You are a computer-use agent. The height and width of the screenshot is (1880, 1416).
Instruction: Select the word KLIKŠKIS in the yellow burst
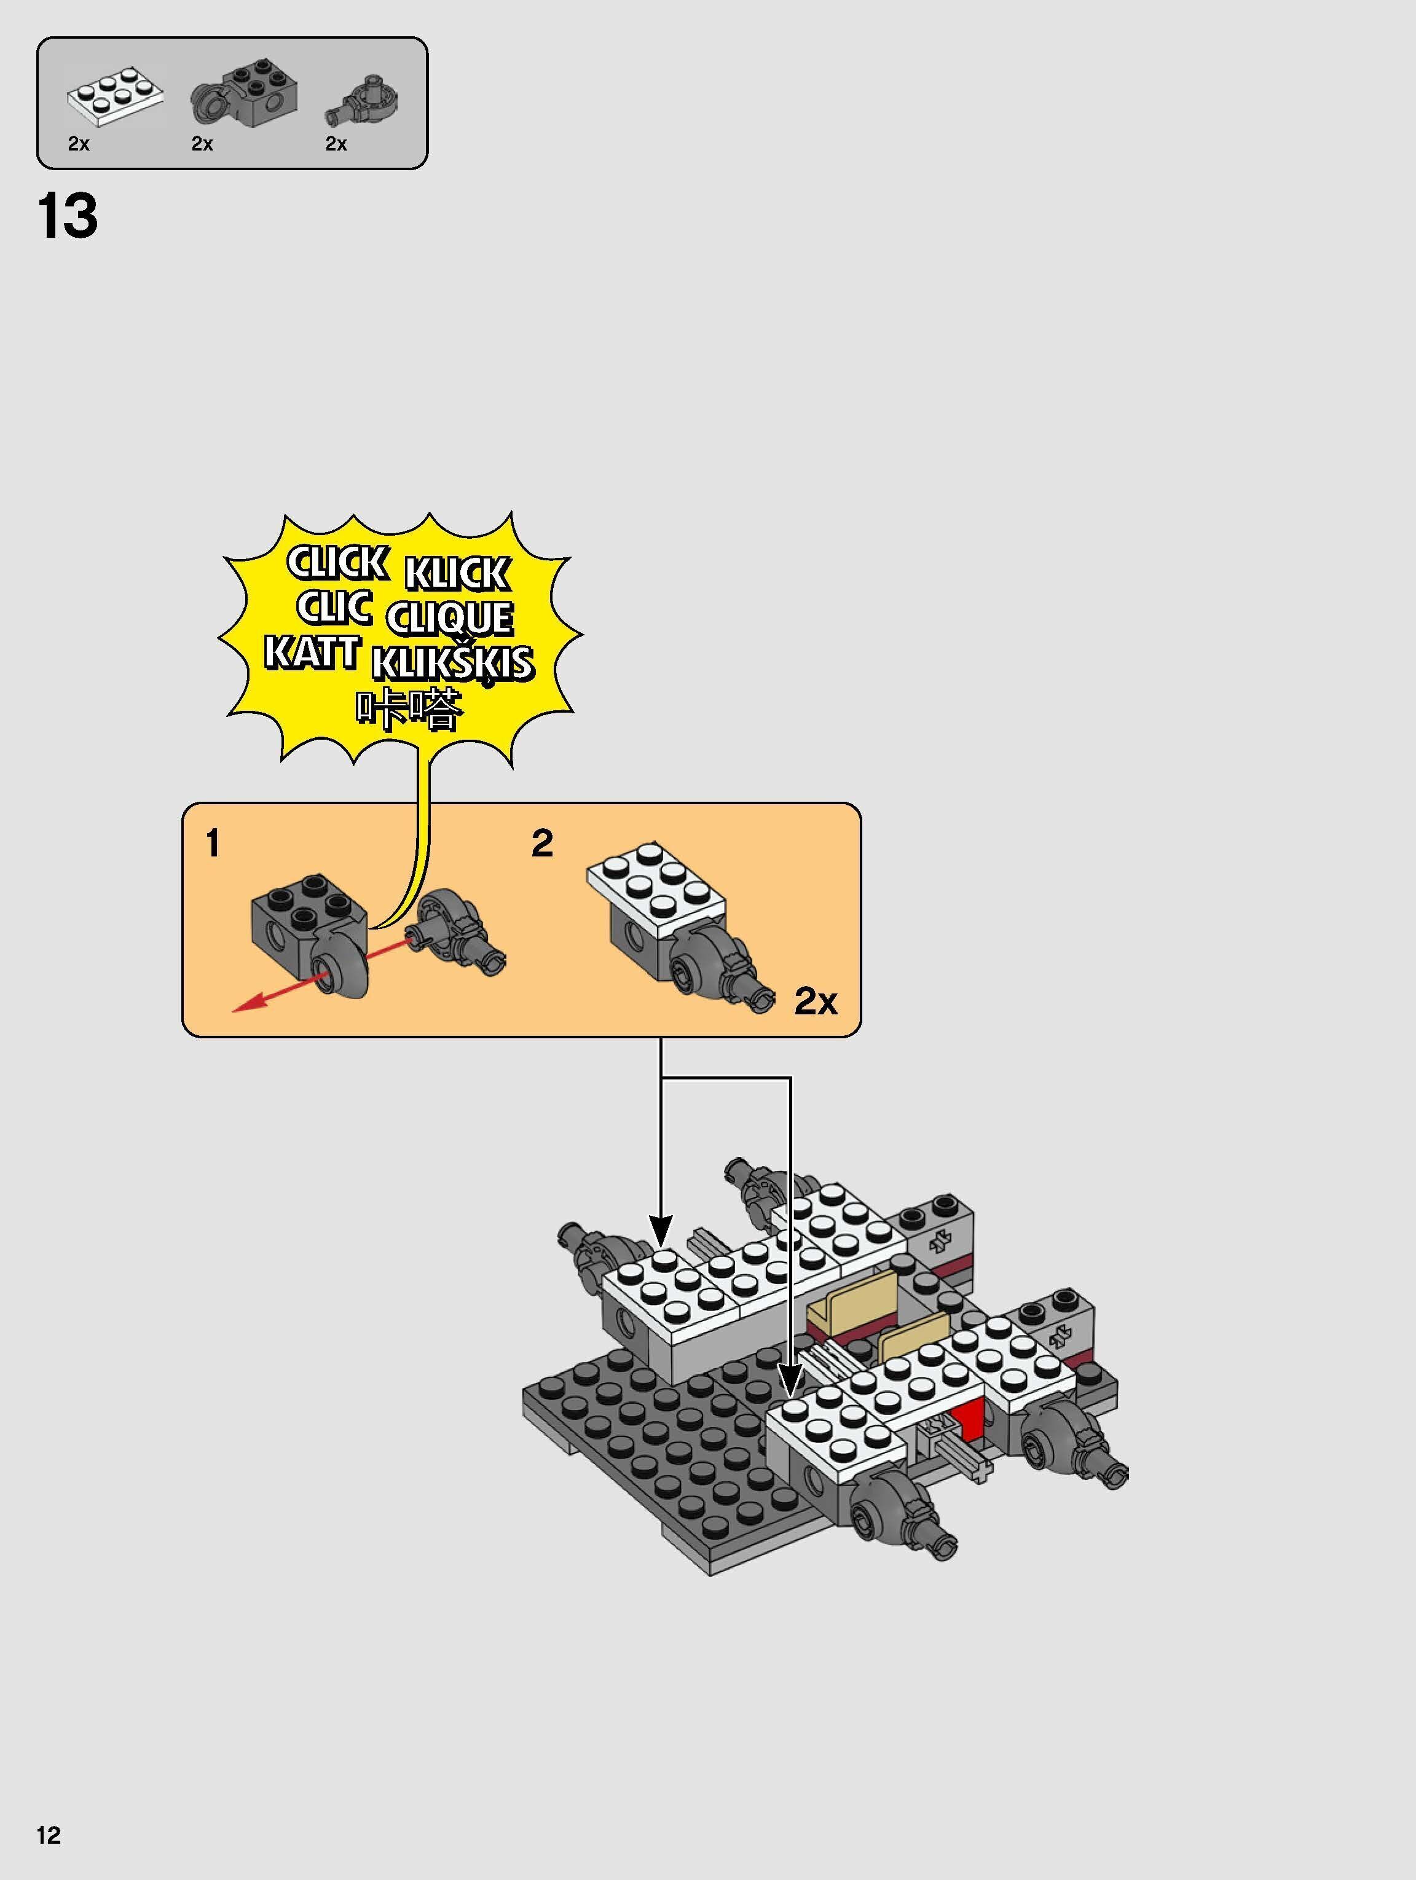453,663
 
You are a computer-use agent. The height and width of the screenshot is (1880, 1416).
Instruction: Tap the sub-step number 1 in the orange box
213,844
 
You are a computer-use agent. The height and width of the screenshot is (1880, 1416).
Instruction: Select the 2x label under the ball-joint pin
337,144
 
